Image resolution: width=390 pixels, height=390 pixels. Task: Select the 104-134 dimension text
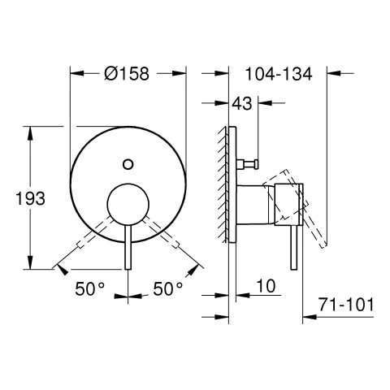(278, 74)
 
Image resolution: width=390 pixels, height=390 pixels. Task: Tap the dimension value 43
(241, 103)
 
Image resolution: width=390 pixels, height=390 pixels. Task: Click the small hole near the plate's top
(128, 165)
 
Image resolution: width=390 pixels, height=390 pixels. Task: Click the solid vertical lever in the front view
(128, 252)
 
